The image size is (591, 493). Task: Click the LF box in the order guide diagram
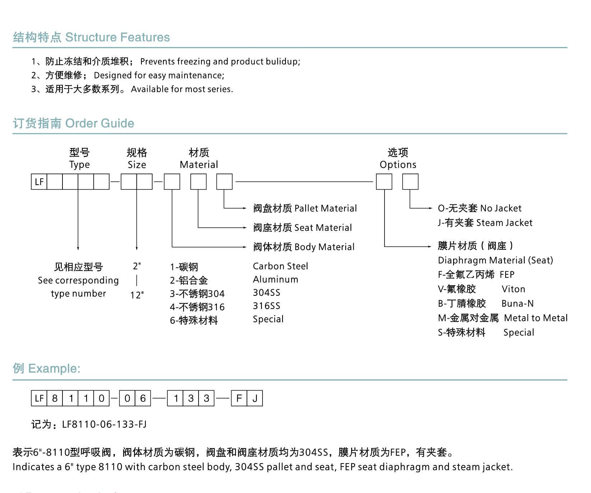point(39,182)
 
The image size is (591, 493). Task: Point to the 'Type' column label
point(79,165)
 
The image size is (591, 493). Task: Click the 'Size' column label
point(137,165)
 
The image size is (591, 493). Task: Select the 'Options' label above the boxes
point(398,165)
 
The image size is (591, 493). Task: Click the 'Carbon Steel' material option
point(280,266)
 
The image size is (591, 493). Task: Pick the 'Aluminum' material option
point(275,280)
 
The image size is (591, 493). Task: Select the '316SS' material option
point(266,306)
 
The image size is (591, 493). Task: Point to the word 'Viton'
point(513,289)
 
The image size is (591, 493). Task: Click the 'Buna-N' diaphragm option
point(517,304)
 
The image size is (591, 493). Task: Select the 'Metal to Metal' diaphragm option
point(536,318)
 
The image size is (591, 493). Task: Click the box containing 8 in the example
point(55,398)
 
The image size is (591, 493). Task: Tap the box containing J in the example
point(255,398)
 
